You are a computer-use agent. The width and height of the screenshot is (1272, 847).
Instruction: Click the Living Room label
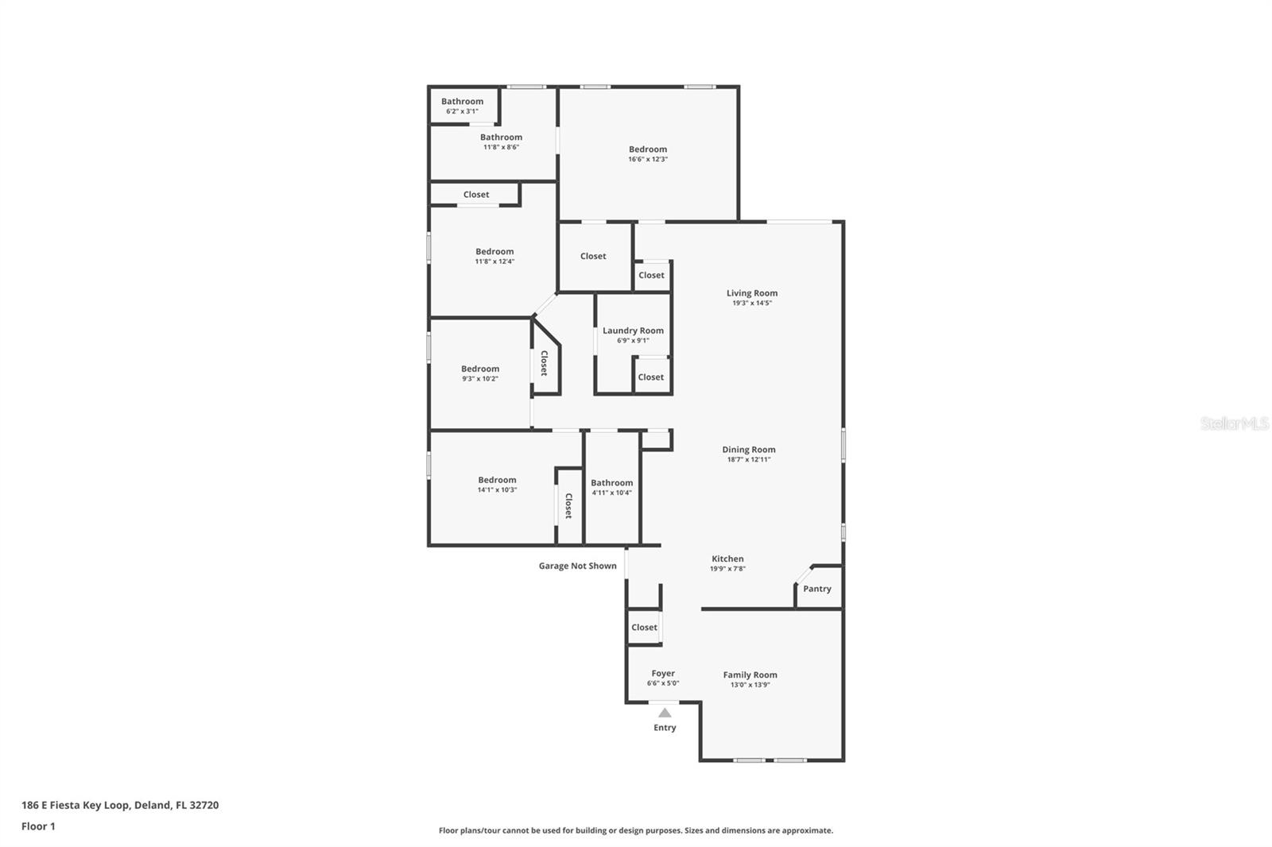[751, 293]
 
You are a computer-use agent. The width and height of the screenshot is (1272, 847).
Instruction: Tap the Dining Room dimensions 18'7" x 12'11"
[748, 459]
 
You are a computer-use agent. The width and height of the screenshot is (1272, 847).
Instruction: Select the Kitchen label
[727, 559]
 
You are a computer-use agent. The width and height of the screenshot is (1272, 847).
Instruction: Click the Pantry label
[816, 589]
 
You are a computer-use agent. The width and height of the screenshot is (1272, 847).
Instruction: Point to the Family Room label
[750, 675]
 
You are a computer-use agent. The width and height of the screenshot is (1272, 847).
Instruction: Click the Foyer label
[663, 674]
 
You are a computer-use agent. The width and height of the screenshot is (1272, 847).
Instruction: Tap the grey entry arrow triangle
[665, 713]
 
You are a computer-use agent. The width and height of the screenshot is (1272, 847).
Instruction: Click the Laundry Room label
[633, 331]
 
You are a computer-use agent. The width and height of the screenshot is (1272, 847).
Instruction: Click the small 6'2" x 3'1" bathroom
[462, 105]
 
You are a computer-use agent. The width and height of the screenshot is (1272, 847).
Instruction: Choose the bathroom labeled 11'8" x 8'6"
[501, 141]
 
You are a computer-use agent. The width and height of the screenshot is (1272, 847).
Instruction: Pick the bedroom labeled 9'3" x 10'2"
[480, 373]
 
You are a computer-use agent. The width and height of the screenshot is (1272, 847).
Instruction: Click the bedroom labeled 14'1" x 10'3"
[497, 484]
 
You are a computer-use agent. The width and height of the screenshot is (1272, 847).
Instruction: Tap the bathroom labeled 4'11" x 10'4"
[611, 487]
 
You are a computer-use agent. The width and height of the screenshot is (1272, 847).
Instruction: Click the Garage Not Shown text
[577, 566]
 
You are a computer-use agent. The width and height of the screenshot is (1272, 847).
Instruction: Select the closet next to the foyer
[644, 627]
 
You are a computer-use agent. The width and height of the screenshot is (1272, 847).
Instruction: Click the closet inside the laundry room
[650, 377]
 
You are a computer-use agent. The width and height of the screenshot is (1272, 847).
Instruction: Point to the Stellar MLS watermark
[1234, 423]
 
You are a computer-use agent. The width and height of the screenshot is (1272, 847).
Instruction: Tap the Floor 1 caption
[38, 826]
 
